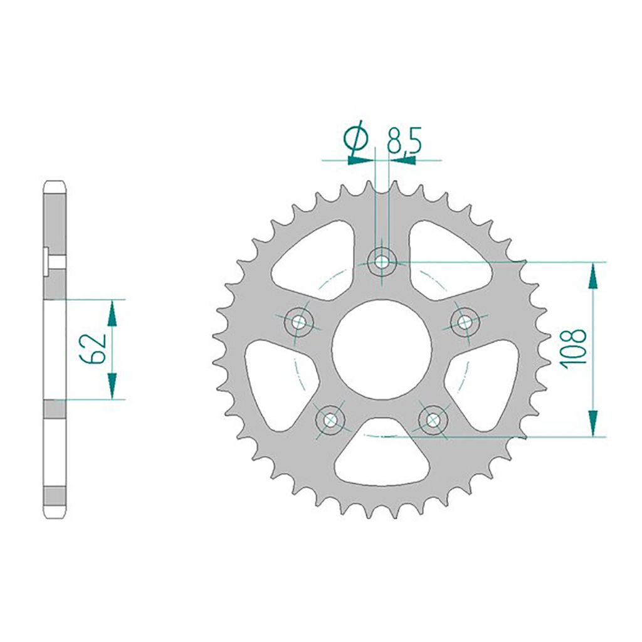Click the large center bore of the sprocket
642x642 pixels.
[382, 349]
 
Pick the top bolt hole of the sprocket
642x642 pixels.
[382, 261]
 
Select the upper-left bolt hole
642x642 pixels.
[298, 322]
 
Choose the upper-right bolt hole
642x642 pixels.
[465, 322]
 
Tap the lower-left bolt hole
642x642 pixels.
[330, 420]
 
